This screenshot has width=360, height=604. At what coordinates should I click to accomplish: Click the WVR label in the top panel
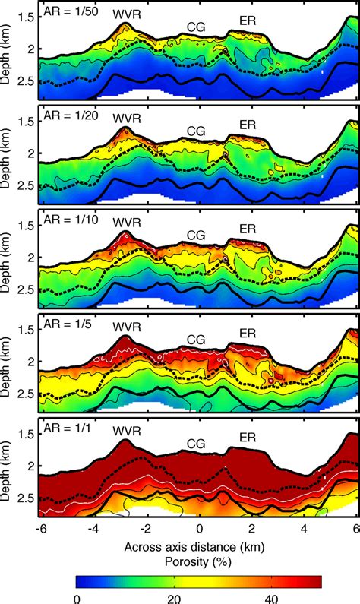126,14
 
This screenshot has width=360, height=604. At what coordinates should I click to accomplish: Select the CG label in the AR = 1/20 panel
196,130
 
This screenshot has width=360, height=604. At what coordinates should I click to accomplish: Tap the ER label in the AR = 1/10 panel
248,228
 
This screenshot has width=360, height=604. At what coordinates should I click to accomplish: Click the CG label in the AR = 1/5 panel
196,339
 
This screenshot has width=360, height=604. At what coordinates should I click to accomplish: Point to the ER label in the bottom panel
248,437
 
